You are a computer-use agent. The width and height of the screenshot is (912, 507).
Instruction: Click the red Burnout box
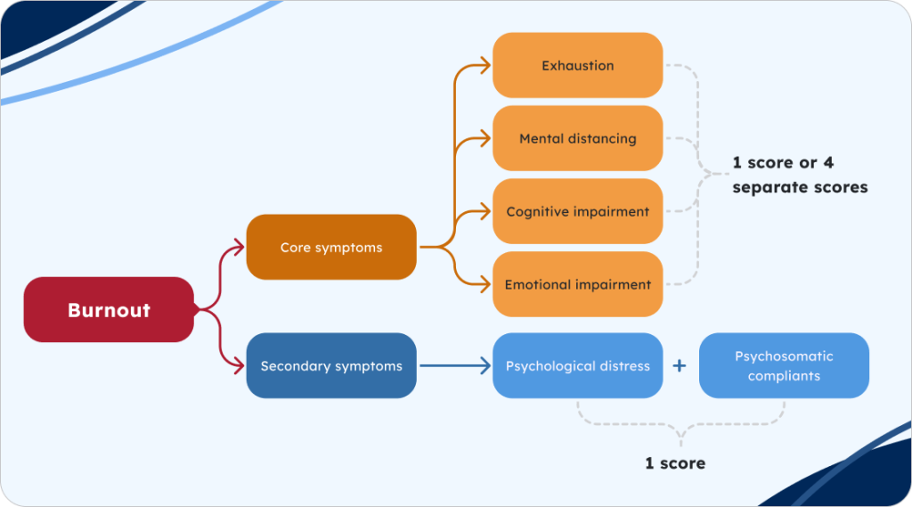pos(109,310)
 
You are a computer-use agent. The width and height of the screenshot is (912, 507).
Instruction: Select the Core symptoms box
pos(330,247)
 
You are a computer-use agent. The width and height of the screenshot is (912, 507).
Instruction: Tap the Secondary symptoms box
pos(330,365)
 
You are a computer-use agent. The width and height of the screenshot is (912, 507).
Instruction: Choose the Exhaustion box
pos(577,65)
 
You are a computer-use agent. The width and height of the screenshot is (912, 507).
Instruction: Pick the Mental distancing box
pos(577,138)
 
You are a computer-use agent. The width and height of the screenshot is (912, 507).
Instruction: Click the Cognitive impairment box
pos(577,211)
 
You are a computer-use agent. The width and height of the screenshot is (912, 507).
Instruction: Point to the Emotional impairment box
pos(577,284)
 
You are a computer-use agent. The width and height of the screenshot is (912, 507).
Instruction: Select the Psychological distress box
pos(577,365)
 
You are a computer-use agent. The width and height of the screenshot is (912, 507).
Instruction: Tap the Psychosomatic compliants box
pos(784,365)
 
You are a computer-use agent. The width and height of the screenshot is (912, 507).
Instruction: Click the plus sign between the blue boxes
pos(680,365)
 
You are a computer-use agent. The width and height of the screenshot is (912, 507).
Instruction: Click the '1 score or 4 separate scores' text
pos(799,175)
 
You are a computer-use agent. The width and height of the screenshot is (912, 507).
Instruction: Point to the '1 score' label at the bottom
pos(675,462)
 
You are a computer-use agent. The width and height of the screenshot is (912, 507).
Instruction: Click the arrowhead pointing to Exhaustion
pos(484,65)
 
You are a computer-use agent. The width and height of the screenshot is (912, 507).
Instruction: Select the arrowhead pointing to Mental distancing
pos(484,138)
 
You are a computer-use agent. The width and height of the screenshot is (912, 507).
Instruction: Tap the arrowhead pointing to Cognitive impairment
pos(484,211)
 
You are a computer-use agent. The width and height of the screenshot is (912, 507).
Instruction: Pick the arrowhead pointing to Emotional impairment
pos(484,284)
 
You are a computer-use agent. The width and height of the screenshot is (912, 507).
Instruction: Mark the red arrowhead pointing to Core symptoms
pos(238,247)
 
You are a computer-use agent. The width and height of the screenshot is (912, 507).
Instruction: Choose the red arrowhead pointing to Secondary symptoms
pos(238,365)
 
